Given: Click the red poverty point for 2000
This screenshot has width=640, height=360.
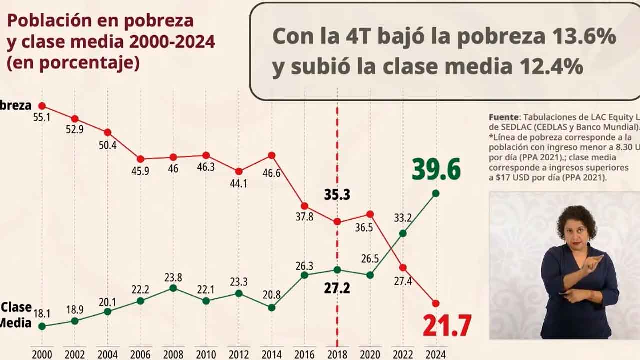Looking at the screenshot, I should click(x=42, y=106).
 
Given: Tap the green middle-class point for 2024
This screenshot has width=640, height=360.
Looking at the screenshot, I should click(x=435, y=193).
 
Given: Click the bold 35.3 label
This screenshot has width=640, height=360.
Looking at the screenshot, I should click(x=337, y=195).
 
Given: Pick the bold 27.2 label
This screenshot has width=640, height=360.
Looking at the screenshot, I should click(x=337, y=289).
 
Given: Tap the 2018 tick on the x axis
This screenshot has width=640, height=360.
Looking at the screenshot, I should click(x=337, y=354).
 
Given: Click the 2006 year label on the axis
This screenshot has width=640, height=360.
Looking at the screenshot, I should click(x=140, y=354).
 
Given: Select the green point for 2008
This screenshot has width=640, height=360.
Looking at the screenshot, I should click(x=173, y=288).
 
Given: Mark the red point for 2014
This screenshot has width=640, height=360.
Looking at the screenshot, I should click(x=272, y=155).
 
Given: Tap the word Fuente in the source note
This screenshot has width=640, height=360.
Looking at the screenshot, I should click(x=504, y=117).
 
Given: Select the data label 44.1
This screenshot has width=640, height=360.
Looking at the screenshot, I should click(x=238, y=183).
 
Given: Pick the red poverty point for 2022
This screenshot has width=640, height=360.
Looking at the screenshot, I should click(x=403, y=267).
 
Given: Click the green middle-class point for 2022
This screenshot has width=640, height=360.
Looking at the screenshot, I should click(x=403, y=233).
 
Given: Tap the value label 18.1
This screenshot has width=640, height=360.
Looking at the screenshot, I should click(x=42, y=314).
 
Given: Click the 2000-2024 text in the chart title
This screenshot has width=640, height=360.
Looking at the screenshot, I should click(x=172, y=42).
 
